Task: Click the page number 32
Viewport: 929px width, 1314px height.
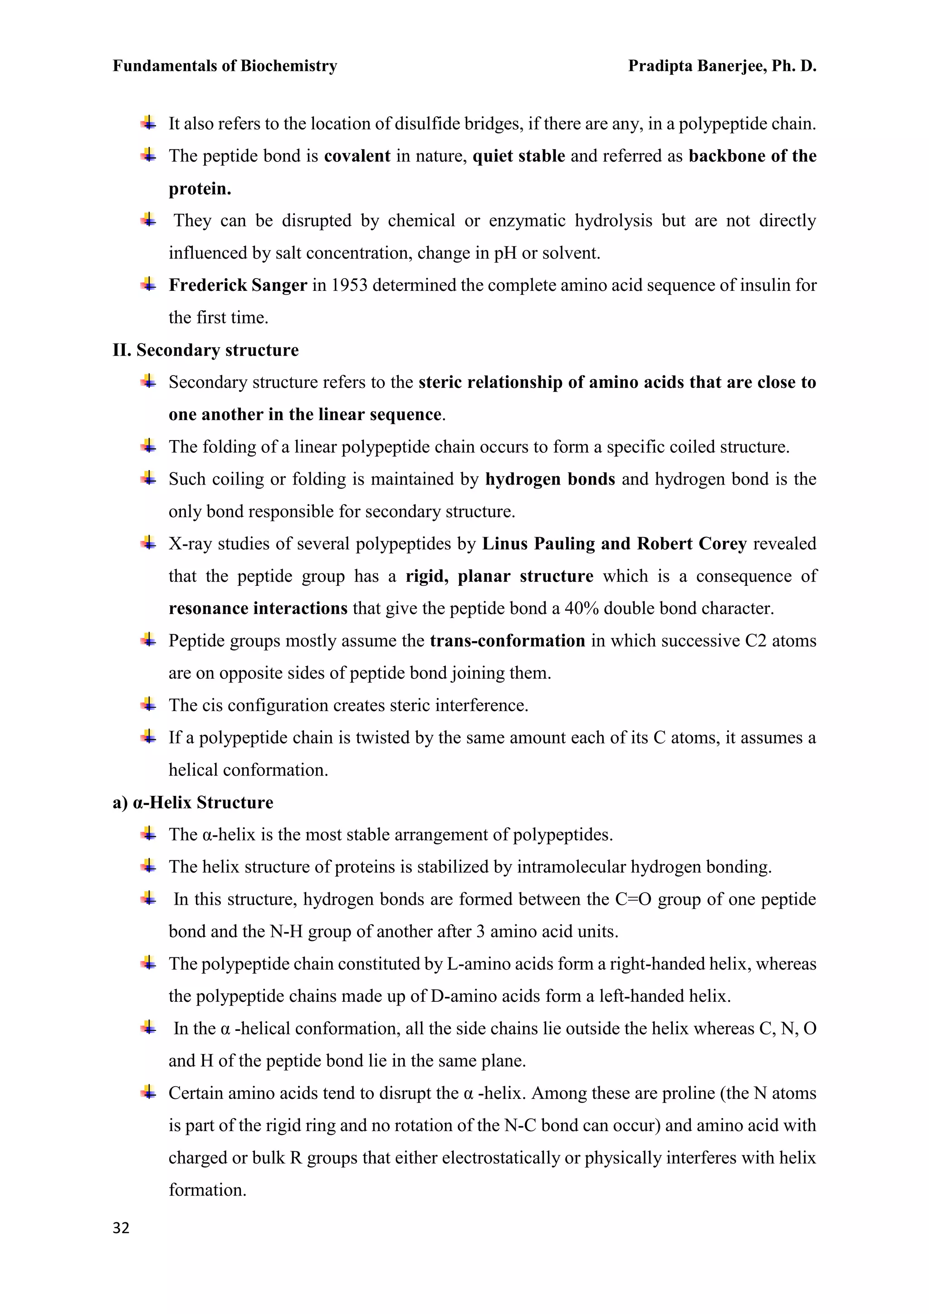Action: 121,1228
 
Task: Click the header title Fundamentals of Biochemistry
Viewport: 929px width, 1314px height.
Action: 225,66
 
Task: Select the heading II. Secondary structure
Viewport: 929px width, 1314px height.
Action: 205,350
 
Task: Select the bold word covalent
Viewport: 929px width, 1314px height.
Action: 357,156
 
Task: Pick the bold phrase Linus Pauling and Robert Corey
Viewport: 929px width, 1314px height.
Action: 614,544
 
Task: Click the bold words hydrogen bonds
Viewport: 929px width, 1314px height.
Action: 550,479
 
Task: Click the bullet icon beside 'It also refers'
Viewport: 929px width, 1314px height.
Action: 148,123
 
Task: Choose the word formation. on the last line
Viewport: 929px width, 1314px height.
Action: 207,1190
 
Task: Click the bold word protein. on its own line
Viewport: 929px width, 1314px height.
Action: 200,189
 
